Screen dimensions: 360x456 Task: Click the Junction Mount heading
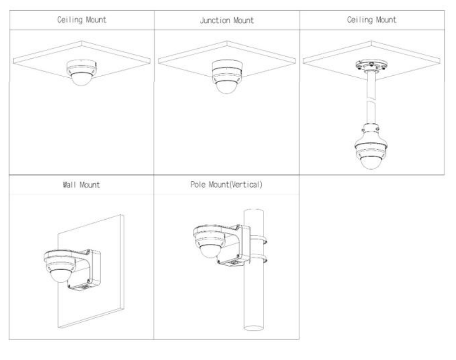[227, 20]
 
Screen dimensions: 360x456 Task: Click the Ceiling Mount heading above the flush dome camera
[82, 20]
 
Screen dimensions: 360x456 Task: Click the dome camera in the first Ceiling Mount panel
[81, 73]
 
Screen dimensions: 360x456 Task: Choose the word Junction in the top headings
[214, 20]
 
